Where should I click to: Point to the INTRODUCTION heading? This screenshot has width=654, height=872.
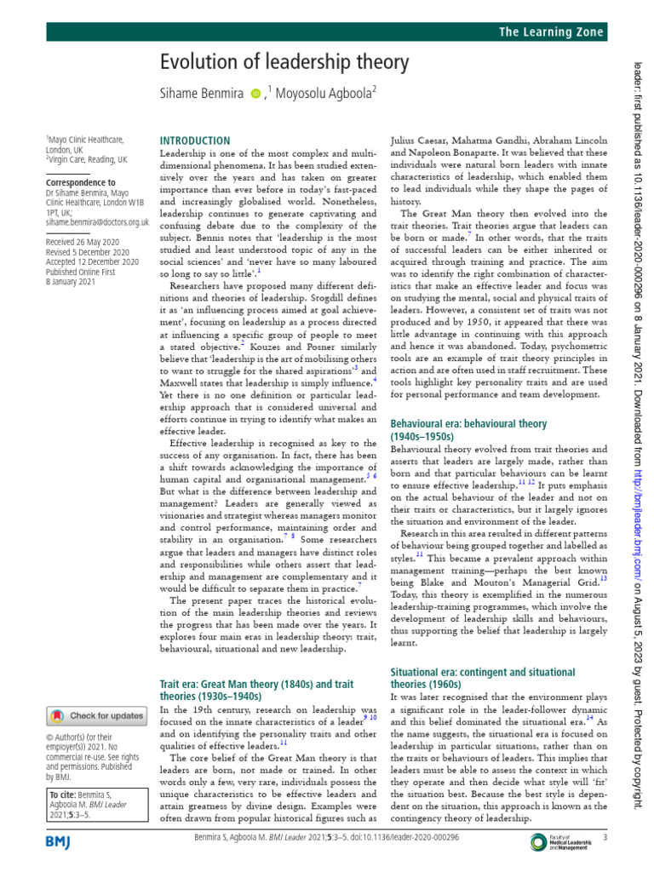pos(195,141)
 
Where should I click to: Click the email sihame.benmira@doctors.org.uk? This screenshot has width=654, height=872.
pos(97,222)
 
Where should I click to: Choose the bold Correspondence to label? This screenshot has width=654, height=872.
pos(80,182)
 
